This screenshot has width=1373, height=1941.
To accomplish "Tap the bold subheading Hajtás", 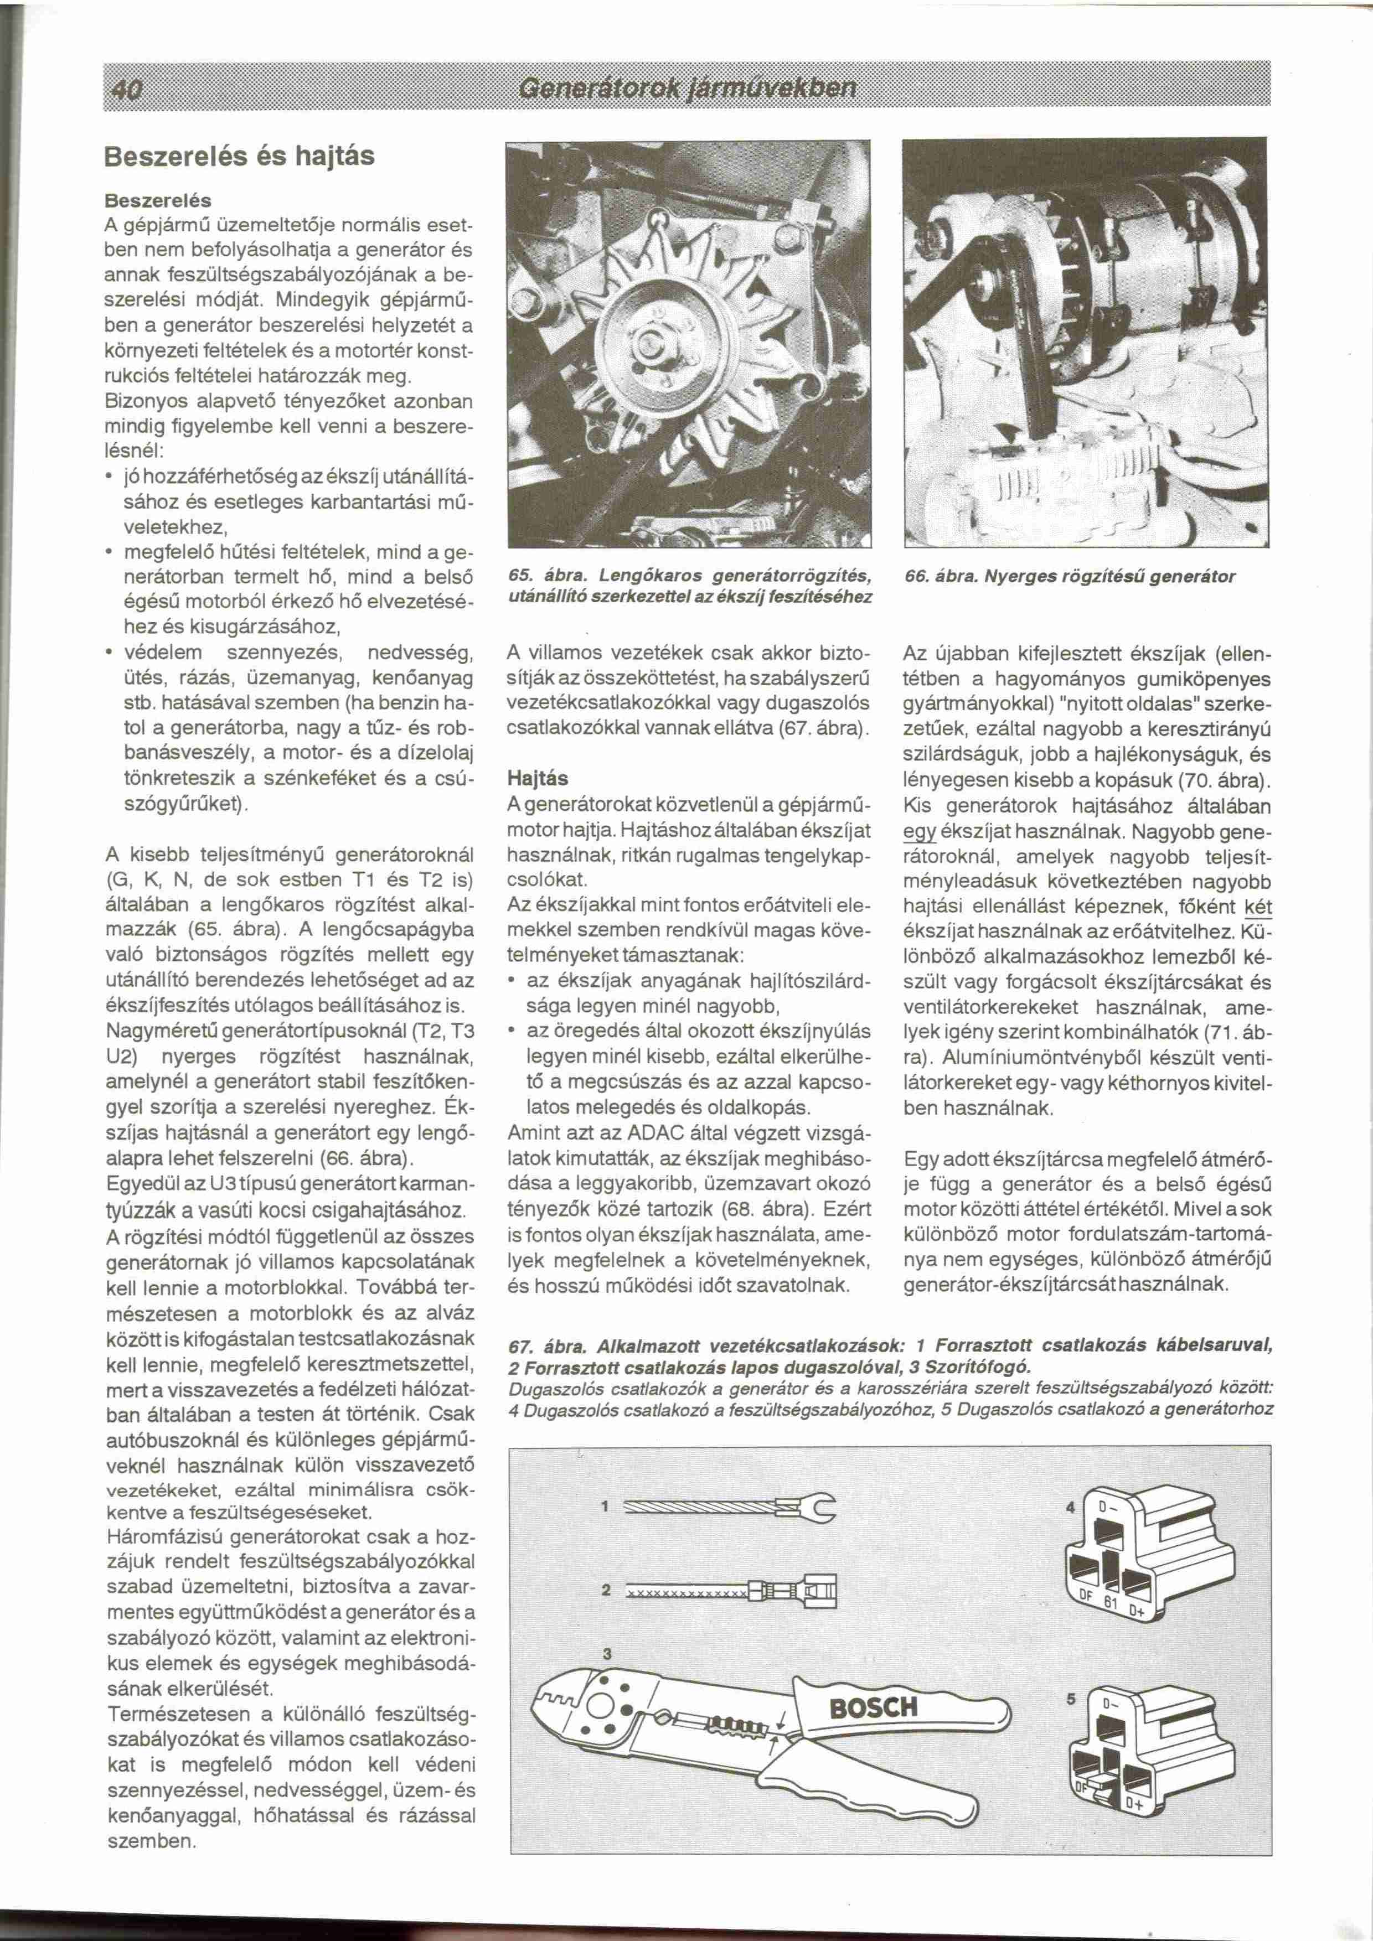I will [x=538, y=777].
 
